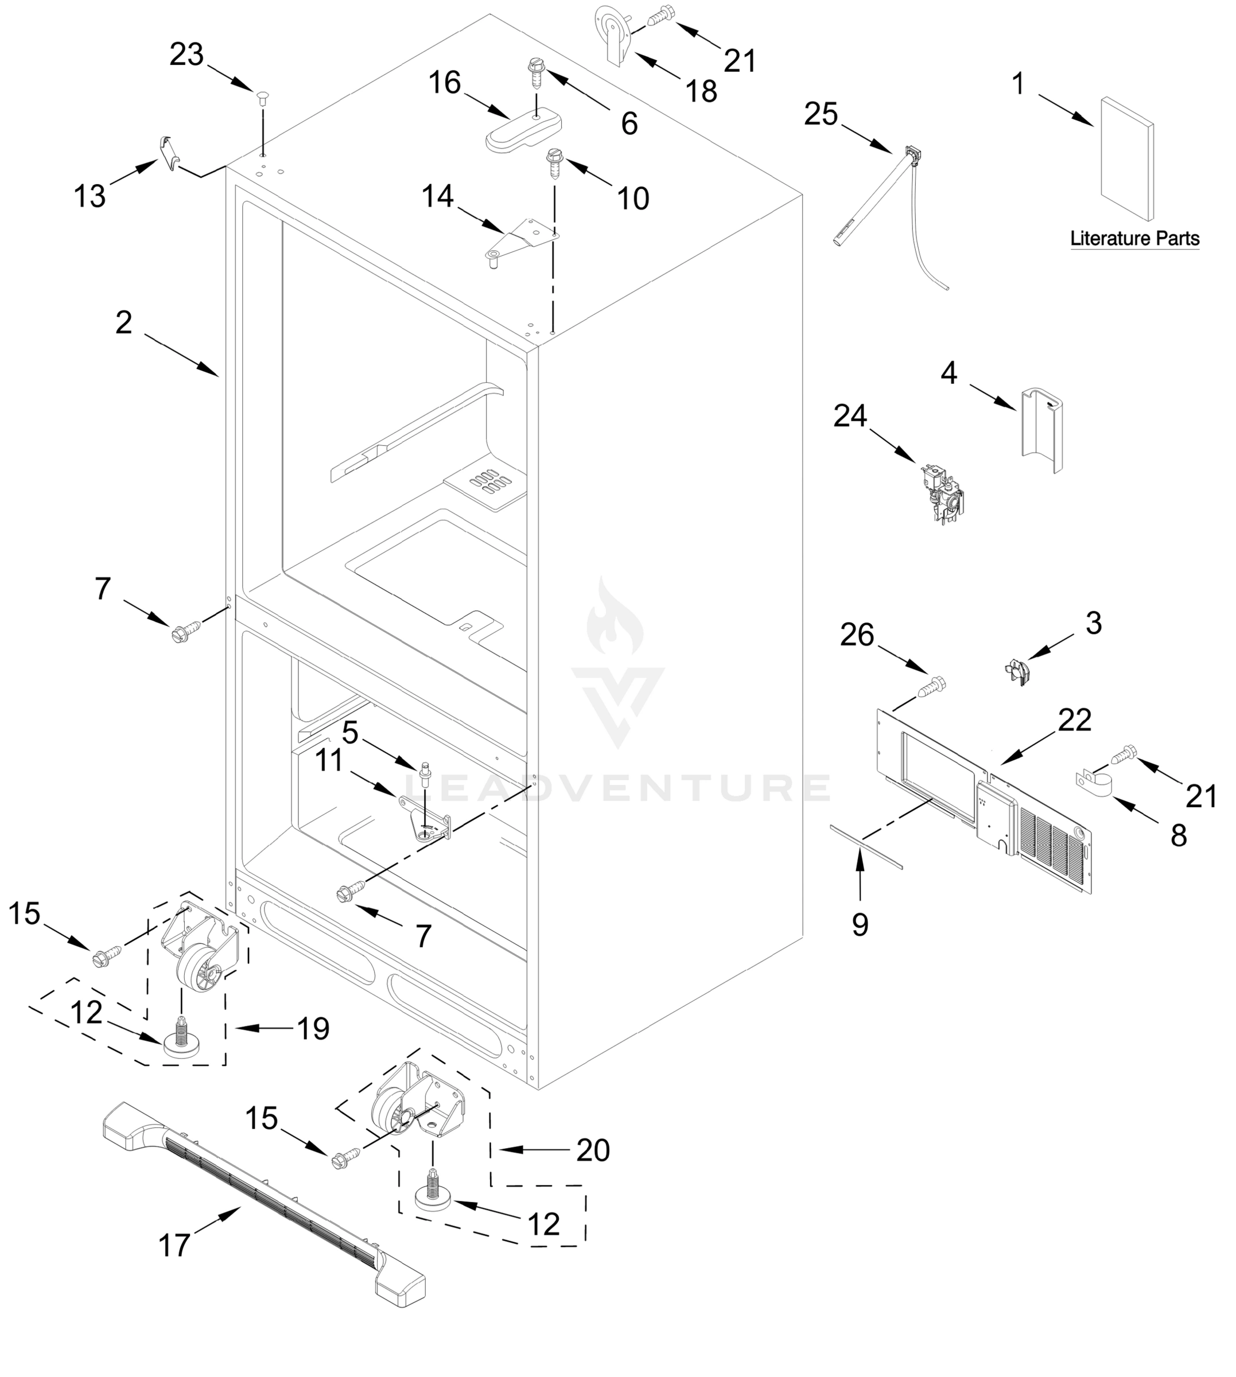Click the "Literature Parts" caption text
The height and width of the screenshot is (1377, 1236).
(1135, 239)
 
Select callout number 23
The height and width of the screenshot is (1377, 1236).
(186, 55)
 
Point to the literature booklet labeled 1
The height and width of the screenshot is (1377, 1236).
(1126, 160)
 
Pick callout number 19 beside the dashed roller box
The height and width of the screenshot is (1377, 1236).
(314, 1029)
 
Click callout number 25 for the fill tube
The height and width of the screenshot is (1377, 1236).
(821, 115)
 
